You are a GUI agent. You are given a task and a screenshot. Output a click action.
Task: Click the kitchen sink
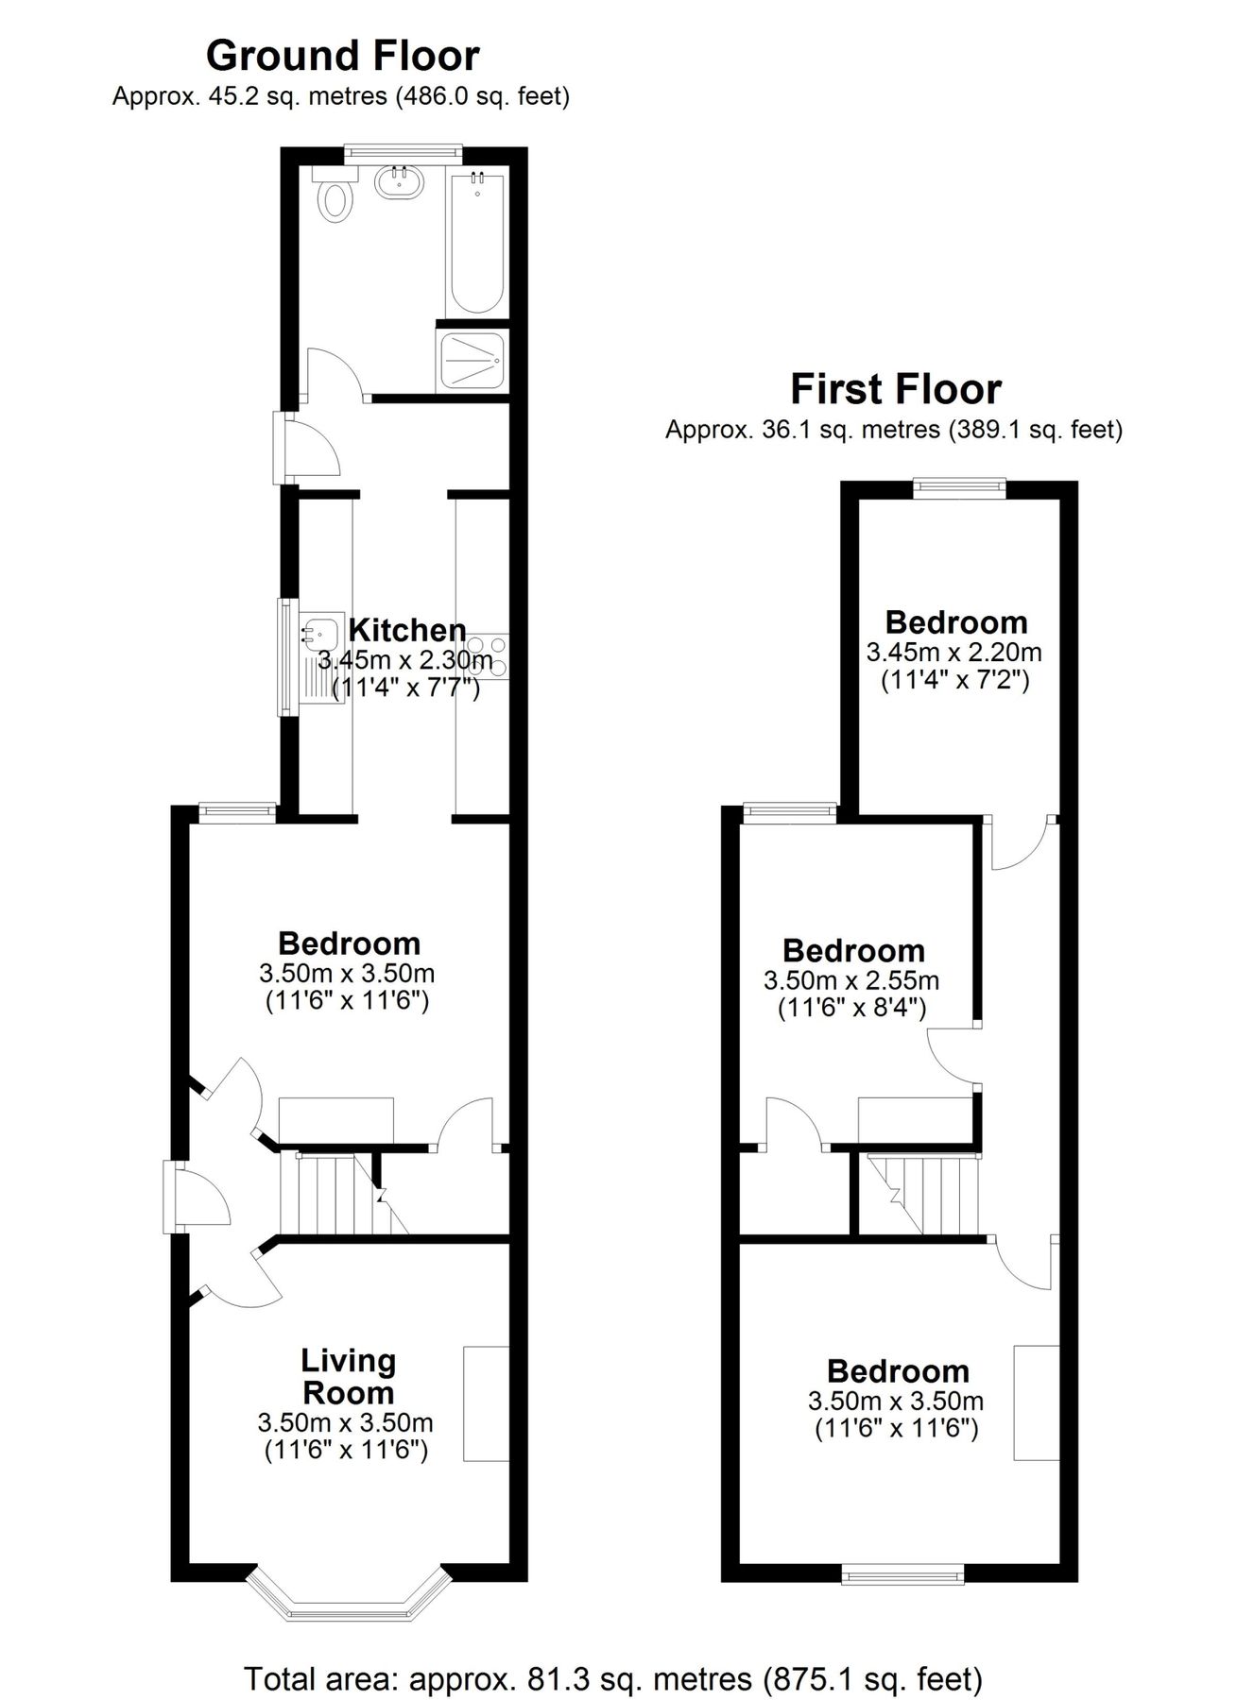321,631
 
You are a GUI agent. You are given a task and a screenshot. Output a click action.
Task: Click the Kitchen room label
407,630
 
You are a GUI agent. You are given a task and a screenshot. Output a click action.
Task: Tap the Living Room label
348,1376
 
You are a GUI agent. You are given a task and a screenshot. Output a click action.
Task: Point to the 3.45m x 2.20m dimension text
954,652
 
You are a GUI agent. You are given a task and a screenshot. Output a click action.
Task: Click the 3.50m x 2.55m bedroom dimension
851,980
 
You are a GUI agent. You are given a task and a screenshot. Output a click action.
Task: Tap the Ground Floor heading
342,56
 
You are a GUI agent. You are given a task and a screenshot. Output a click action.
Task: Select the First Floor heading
895,389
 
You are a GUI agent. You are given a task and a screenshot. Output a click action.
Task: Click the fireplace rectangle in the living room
486,1404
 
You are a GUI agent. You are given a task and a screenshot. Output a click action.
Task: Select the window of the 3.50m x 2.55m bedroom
790,809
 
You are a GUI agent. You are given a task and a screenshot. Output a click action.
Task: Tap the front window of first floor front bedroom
902,1572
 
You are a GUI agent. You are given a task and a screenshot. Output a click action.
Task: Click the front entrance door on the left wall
171,1197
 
